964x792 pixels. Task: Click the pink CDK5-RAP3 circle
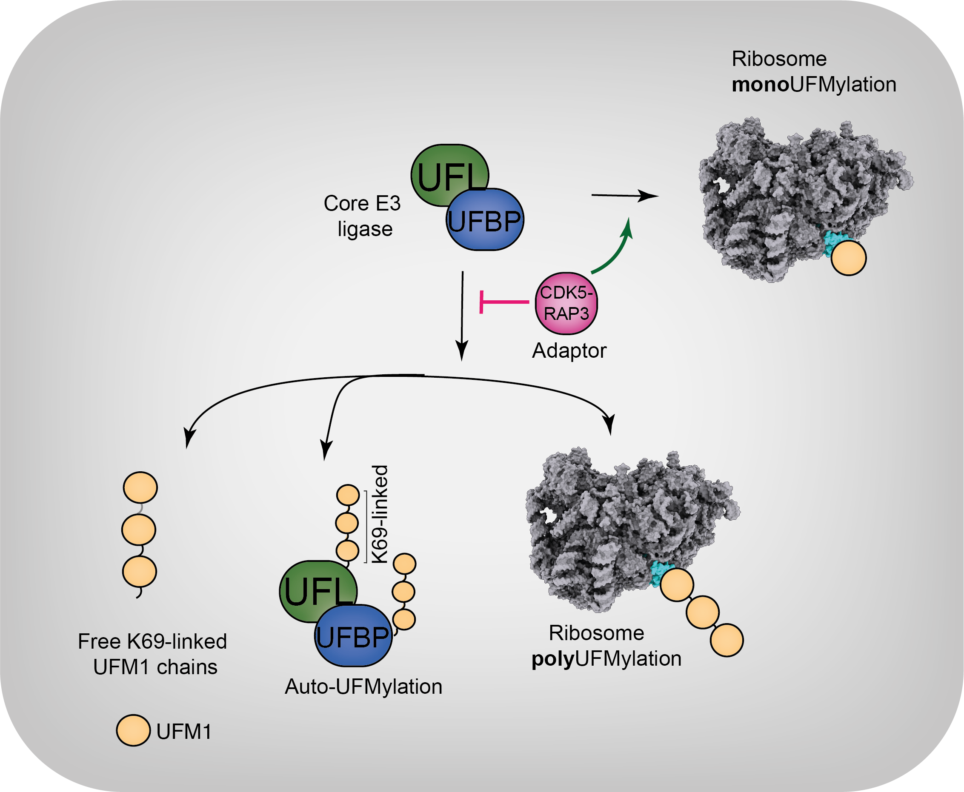pyautogui.click(x=566, y=303)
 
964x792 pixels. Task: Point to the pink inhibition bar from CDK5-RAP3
pyautogui.click(x=504, y=302)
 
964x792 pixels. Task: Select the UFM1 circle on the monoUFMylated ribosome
pyautogui.click(x=849, y=258)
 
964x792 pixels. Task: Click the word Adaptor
pyautogui.click(x=569, y=351)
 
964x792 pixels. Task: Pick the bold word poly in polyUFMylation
pyautogui.click(x=552, y=659)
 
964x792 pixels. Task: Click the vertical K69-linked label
pyautogui.click(x=380, y=514)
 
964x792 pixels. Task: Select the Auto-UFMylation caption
pyautogui.click(x=363, y=687)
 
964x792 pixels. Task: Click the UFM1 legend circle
pyautogui.click(x=133, y=730)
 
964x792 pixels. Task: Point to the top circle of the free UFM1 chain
pyautogui.click(x=140, y=488)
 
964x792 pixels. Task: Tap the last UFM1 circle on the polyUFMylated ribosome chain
pyautogui.click(x=727, y=641)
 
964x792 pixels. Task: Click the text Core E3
pyautogui.click(x=362, y=203)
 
